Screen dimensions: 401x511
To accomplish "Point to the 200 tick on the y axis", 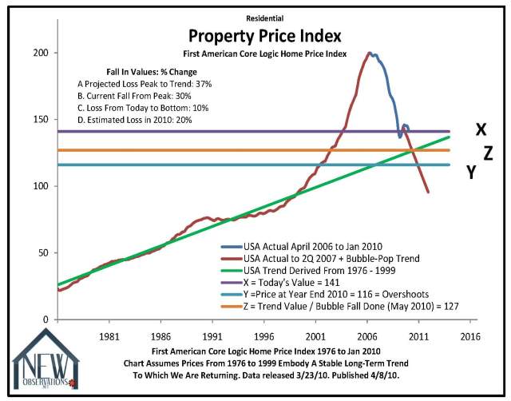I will coord(41,53).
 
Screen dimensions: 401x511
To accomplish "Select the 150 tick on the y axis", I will coord(41,119).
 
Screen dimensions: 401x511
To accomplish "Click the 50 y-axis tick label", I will coord(44,252).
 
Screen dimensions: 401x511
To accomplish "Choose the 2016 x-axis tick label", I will coord(470,337).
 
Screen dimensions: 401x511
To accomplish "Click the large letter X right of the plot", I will coord(481,129).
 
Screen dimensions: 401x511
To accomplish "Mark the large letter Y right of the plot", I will coord(471,172).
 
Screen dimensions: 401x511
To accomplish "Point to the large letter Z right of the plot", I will coord(489,152).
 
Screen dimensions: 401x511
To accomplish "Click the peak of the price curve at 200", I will coord(369,54).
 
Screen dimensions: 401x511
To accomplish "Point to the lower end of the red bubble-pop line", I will coord(428,192).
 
